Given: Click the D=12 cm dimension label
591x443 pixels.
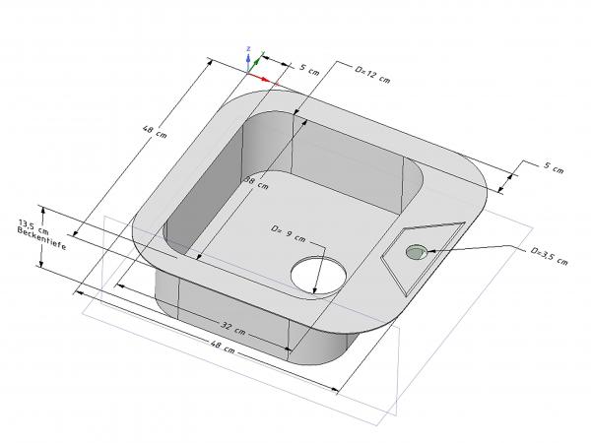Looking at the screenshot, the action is (x=372, y=75).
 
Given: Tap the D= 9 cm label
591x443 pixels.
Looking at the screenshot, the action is (x=288, y=233).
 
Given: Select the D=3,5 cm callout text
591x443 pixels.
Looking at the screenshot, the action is (x=549, y=256).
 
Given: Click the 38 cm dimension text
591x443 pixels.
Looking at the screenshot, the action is (x=256, y=182).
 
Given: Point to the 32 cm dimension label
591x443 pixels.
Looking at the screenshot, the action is (x=232, y=328).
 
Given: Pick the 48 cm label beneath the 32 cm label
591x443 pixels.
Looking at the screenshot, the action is (x=223, y=347).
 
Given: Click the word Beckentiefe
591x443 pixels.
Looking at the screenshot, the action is (x=41, y=238).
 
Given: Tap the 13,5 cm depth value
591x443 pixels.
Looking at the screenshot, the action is (x=33, y=226).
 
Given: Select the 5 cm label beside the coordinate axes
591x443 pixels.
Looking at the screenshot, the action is (x=309, y=69).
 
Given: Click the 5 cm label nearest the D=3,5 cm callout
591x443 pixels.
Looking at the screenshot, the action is (x=554, y=168).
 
